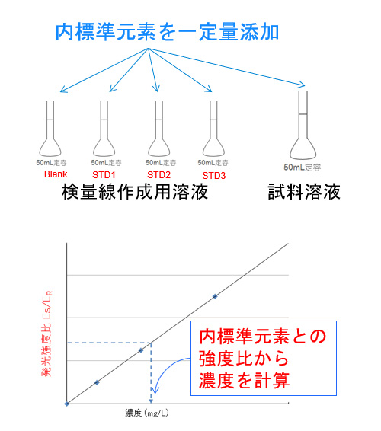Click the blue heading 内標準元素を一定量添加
(167, 32)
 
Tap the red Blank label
(56, 174)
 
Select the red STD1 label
(104, 175)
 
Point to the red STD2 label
(158, 175)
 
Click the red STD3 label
(214, 176)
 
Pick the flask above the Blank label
(50, 129)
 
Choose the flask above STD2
(159, 129)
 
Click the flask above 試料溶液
(303, 126)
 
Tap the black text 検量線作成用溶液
(135, 192)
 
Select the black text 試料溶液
(304, 192)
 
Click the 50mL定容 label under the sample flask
(303, 168)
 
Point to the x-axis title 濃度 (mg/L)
(147, 413)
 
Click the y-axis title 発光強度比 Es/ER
(46, 334)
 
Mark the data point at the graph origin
(66, 404)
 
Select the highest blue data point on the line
(215, 296)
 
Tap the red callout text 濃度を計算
(245, 381)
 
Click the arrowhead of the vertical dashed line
(151, 401)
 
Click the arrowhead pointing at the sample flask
(302, 85)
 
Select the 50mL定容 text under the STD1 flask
(106, 163)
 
